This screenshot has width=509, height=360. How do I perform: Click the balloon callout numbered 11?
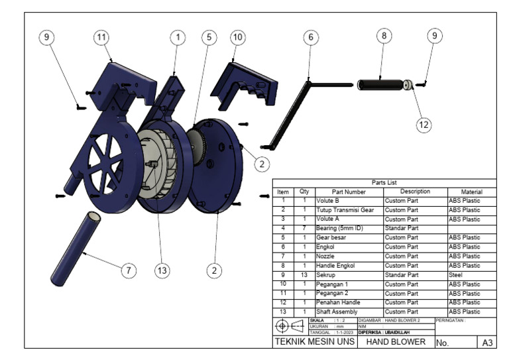(x=101, y=37)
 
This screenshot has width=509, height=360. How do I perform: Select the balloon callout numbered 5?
(x=209, y=37)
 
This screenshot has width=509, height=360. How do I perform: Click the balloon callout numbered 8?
(x=384, y=36)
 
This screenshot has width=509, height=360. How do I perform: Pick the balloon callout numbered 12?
(x=424, y=123)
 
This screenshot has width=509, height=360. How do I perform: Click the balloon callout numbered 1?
(x=177, y=37)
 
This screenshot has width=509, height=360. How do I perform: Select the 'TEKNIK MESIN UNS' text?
(x=315, y=342)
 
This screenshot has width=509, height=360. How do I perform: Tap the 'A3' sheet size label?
(x=486, y=343)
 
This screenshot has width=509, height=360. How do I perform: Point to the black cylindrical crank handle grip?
(x=380, y=84)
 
